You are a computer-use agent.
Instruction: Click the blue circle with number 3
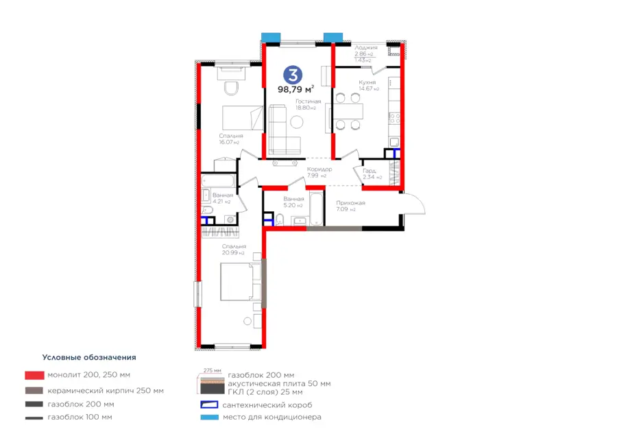[x=293, y=75]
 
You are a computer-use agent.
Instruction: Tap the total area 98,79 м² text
[x=296, y=89]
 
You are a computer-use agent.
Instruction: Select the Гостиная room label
[x=308, y=101]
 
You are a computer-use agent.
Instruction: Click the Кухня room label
[x=367, y=82]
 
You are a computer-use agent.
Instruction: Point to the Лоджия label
[x=365, y=47]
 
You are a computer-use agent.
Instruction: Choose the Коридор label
[x=319, y=169]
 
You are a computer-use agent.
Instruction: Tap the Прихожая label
[x=350, y=203]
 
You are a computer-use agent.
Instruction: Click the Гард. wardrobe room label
[x=370, y=171]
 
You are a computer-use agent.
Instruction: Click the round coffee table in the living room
[x=297, y=122]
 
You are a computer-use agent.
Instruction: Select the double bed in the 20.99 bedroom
[x=241, y=282]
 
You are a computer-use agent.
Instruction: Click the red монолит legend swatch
[x=35, y=375]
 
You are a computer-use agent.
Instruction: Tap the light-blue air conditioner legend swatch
[x=209, y=417]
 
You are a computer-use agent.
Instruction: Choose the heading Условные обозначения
[x=89, y=357]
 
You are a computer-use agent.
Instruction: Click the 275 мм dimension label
[x=213, y=370]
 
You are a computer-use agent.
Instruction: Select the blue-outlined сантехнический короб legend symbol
[x=209, y=404]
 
